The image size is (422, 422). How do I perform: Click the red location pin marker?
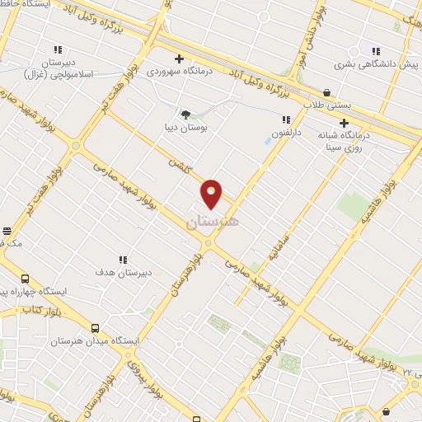point(212,193)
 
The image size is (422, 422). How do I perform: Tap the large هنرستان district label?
point(213,222)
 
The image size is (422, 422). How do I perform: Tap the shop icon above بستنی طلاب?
point(327,92)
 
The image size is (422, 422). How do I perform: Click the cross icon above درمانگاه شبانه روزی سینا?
point(344,123)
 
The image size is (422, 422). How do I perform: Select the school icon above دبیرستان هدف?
point(124,260)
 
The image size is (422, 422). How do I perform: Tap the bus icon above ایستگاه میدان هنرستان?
point(96,326)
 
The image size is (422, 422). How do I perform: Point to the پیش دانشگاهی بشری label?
point(365,63)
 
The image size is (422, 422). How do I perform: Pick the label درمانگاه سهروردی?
point(180,72)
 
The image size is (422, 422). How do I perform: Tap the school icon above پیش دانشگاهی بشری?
point(377,49)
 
